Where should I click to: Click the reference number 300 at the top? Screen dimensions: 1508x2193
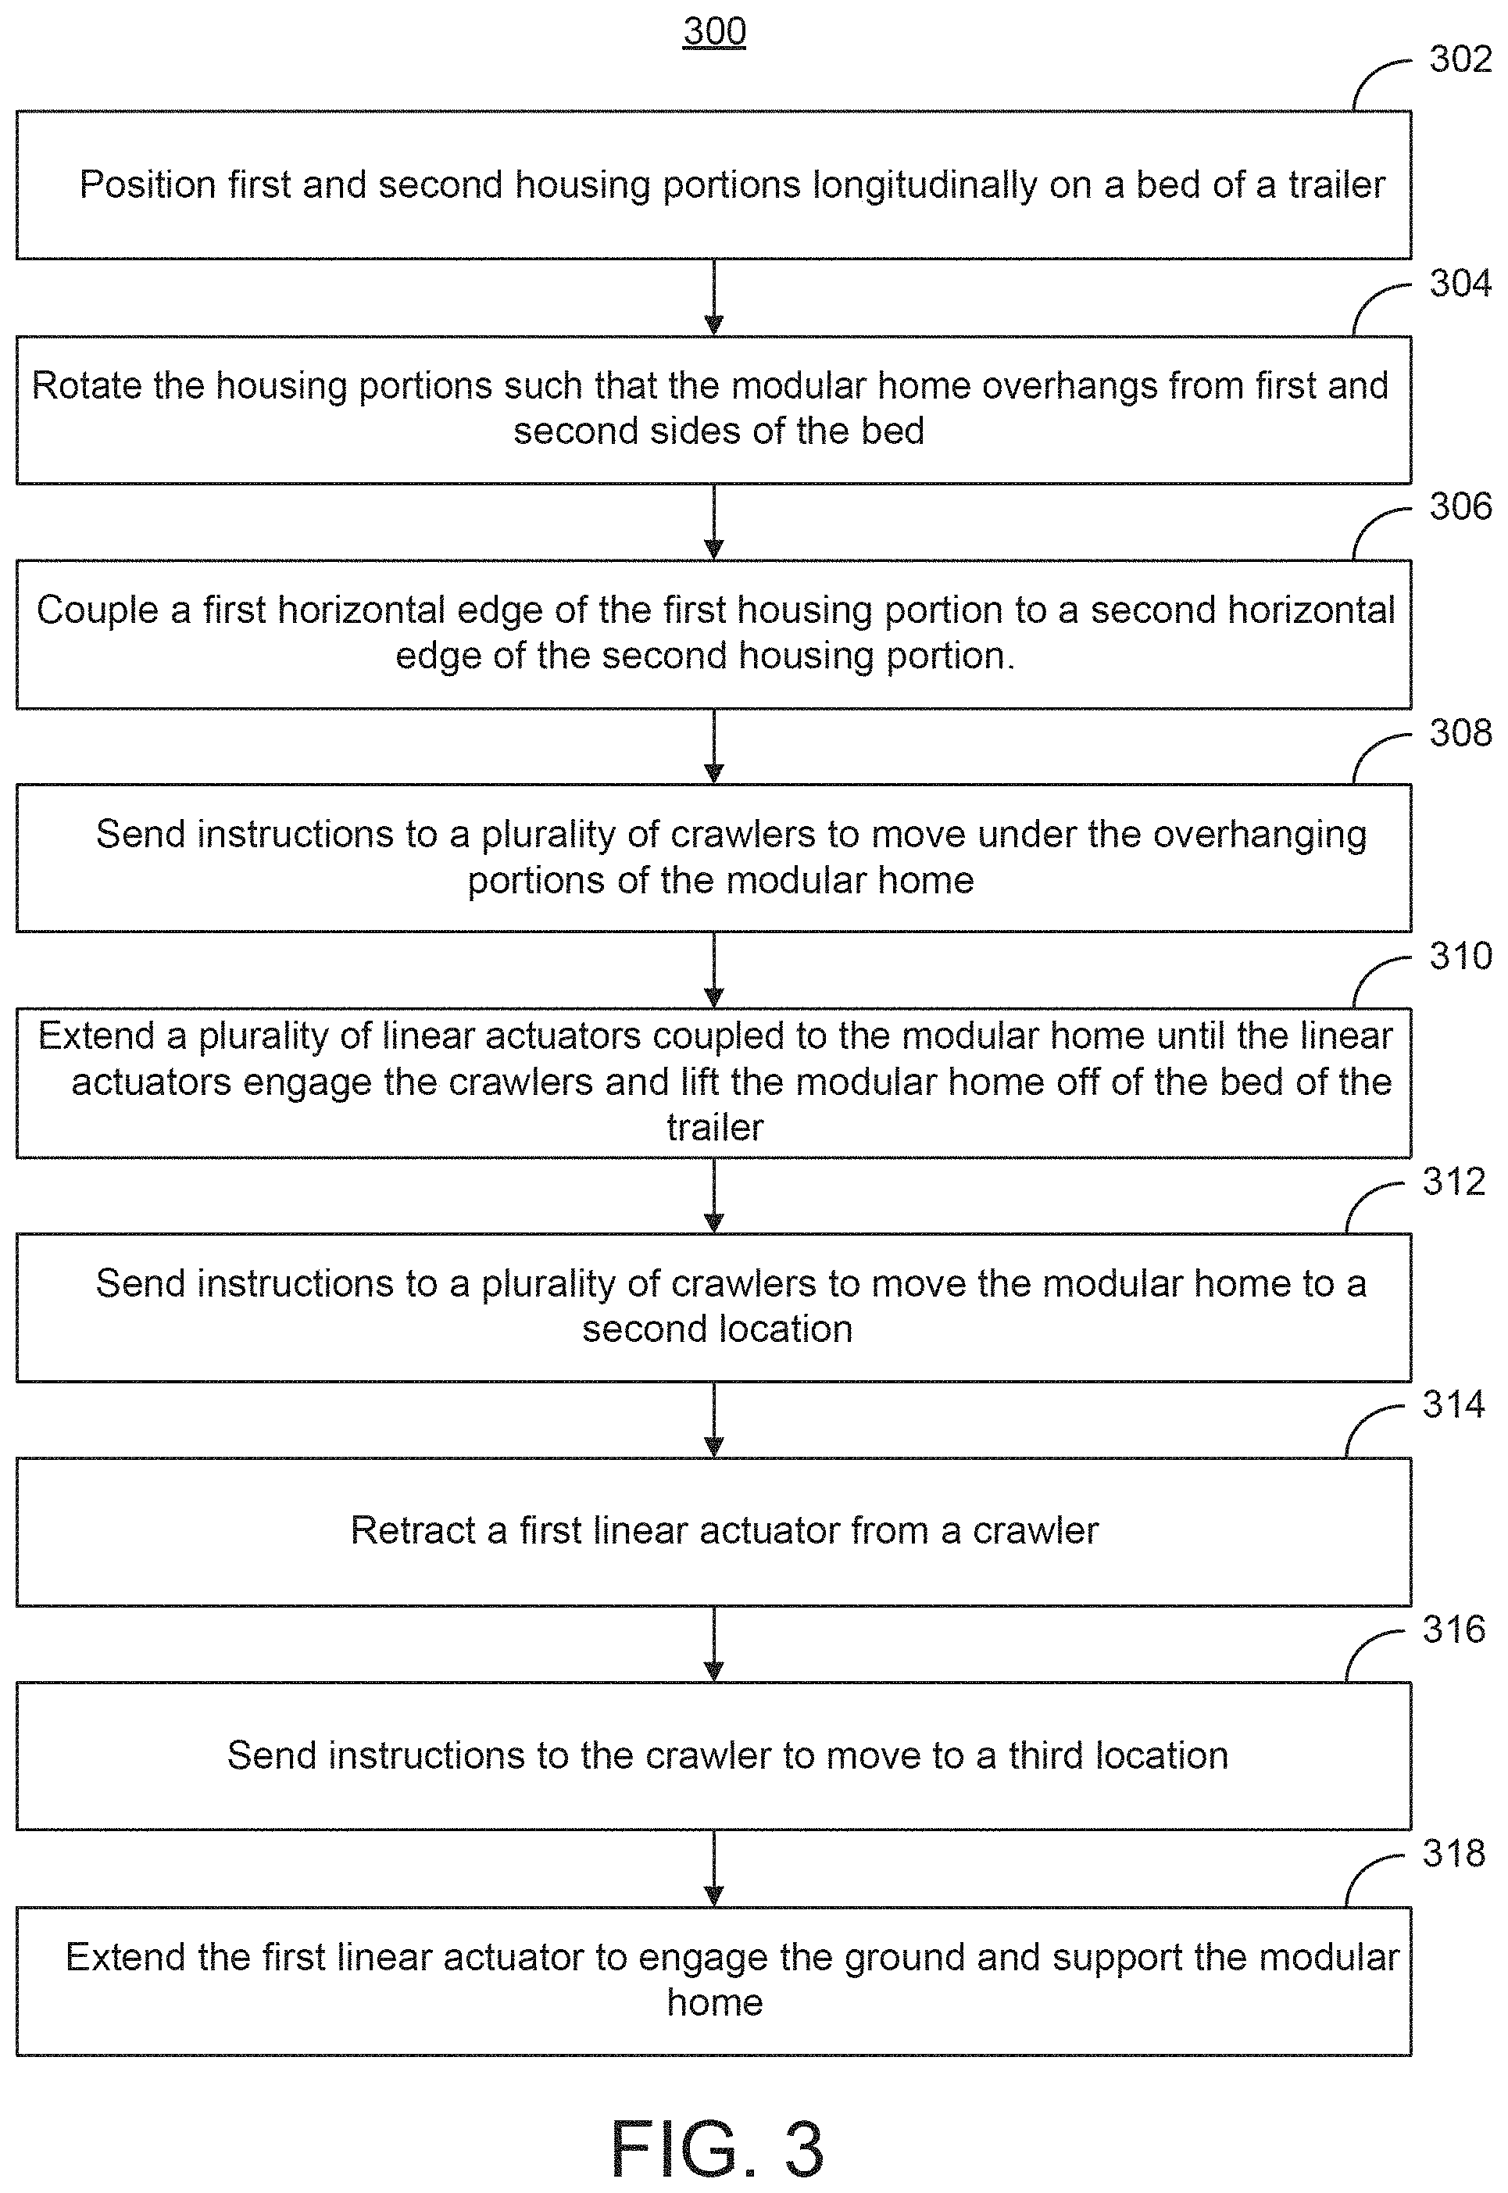pos(714,31)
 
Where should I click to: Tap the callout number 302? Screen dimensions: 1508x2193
pos(1460,59)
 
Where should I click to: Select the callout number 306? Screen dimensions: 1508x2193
pos(1460,507)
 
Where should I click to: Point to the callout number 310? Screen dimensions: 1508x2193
pos(1460,956)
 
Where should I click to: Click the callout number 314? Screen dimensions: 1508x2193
pos(1453,1405)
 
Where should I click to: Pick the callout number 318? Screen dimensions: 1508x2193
pos(1453,1854)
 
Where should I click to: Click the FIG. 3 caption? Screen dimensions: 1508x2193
pos(717,2148)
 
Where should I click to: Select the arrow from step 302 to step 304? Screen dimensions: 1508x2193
pos(714,297)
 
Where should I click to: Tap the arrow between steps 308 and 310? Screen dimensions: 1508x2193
pos(714,969)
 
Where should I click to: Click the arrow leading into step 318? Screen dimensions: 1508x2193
pos(714,1868)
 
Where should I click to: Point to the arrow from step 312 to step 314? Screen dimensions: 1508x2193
pos(714,1419)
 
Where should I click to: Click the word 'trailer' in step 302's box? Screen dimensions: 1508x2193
pos(1336,184)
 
